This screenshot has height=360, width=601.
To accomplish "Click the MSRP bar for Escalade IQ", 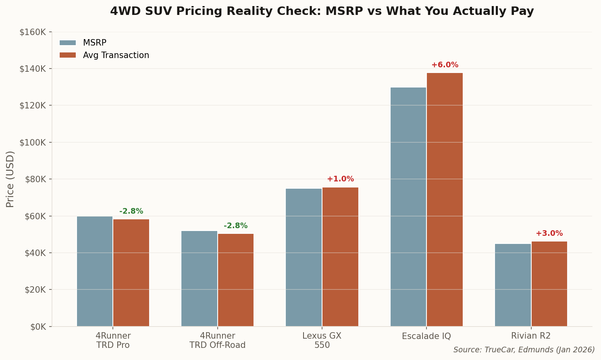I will click(x=408, y=207).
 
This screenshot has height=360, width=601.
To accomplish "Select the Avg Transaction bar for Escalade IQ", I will click(x=445, y=200).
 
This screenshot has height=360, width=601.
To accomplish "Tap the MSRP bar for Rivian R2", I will click(x=513, y=285).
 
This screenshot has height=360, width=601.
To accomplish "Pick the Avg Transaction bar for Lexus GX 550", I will click(x=340, y=257).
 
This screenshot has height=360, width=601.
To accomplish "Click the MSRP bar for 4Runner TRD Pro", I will click(x=95, y=271).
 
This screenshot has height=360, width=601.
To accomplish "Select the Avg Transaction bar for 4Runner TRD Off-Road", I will click(x=236, y=280).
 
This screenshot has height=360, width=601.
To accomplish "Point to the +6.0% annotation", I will click(x=445, y=65).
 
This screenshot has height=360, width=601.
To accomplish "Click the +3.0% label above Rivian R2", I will click(x=549, y=233).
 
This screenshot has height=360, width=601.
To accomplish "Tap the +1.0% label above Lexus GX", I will click(x=340, y=179).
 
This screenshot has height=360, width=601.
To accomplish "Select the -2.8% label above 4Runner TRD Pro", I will click(x=131, y=211).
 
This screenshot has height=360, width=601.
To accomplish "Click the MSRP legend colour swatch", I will click(x=68, y=43).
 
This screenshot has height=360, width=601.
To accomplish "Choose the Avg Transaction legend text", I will click(x=116, y=55).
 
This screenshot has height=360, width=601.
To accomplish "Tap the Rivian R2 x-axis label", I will click(x=531, y=336).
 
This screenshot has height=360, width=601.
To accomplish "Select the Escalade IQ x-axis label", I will click(x=426, y=336).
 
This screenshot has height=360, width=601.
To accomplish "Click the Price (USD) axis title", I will click(x=10, y=179).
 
